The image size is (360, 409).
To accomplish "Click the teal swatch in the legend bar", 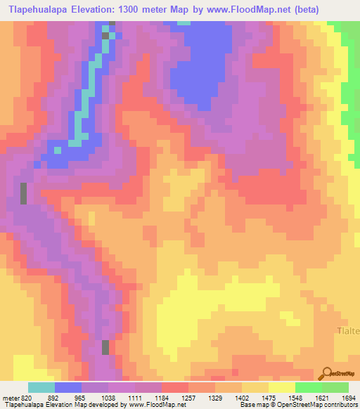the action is tap(41, 387).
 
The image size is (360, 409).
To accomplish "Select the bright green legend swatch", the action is tap(308, 387).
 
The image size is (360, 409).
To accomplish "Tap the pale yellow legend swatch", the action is tap(281, 387).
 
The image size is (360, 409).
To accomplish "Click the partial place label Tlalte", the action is tap(347, 330).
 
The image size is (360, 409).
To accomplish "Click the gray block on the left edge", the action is tap(24, 193).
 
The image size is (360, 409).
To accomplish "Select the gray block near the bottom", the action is tap(106, 347).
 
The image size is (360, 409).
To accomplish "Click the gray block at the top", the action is tap(106, 34).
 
